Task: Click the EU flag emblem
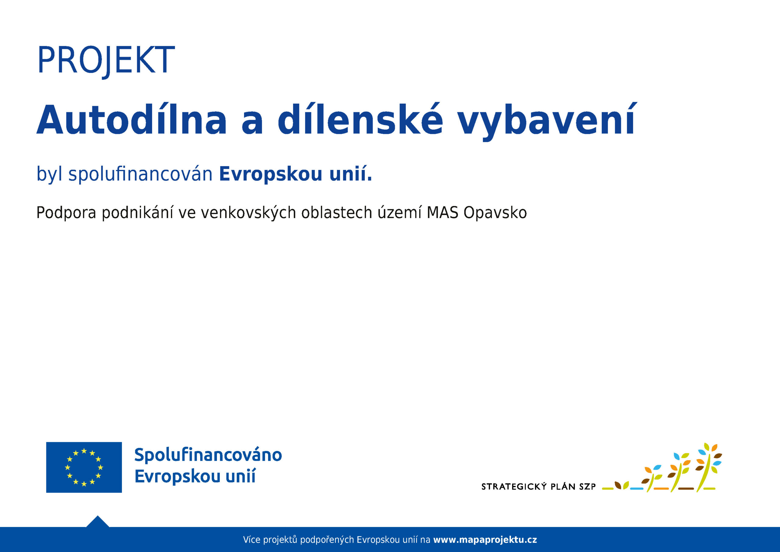pyautogui.click(x=84, y=467)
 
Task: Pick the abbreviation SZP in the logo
pyautogui.click(x=587, y=487)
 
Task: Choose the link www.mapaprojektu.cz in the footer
pyautogui.click(x=485, y=540)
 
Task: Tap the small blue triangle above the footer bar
pyautogui.click(x=97, y=522)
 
